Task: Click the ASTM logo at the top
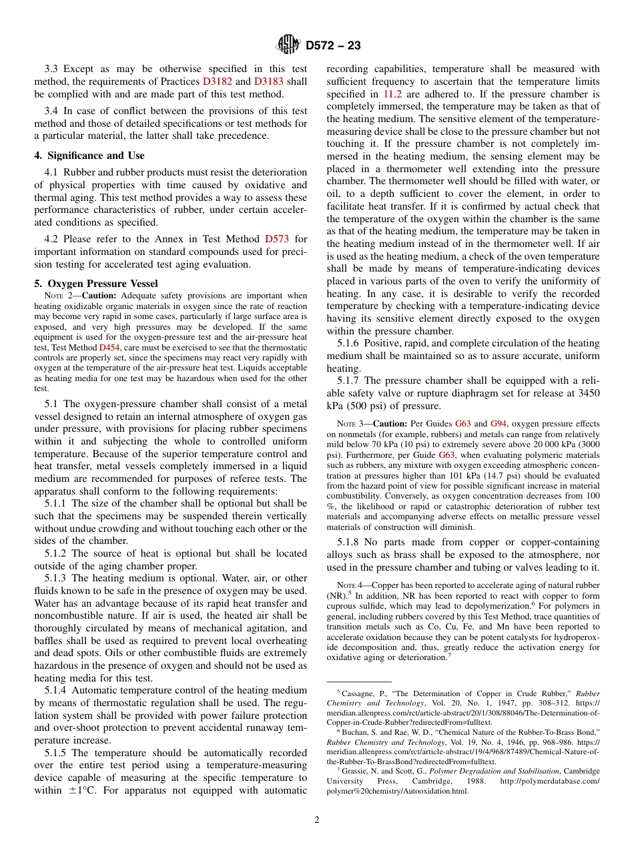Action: [289, 45]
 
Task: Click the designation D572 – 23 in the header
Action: [333, 45]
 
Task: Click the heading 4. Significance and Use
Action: [89, 156]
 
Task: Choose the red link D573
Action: [277, 239]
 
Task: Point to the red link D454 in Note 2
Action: [109, 348]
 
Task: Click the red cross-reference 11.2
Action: [392, 94]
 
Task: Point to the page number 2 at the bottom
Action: [317, 820]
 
